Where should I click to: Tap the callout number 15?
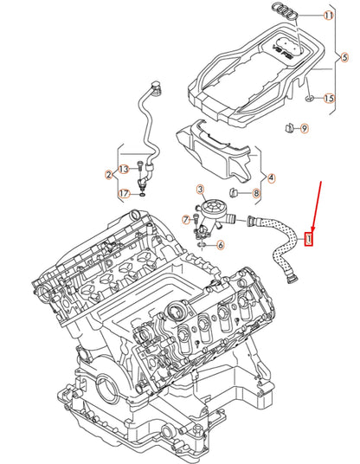329,100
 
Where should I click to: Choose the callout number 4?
272,178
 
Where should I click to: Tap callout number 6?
220,245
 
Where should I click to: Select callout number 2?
109,175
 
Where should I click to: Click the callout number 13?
124,168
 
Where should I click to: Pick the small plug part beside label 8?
234,190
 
